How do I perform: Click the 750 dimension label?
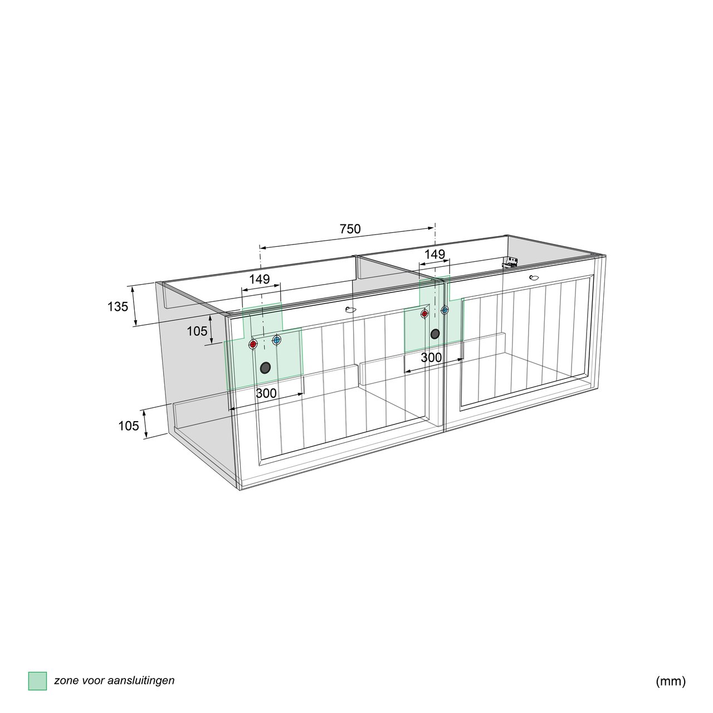pyautogui.click(x=350, y=229)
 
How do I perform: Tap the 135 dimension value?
pyautogui.click(x=118, y=306)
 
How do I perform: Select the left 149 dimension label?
pyautogui.click(x=260, y=279)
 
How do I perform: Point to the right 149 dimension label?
pyautogui.click(x=434, y=254)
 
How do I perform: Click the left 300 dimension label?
pyautogui.click(x=266, y=393)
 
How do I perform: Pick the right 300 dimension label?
pyautogui.click(x=432, y=358)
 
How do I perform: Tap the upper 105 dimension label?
pyautogui.click(x=197, y=331)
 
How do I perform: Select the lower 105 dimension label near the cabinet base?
pyautogui.click(x=129, y=426)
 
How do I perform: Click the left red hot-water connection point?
pyautogui.click(x=253, y=344)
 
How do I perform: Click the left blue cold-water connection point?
pyautogui.click(x=276, y=340)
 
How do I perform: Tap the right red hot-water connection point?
pyautogui.click(x=424, y=314)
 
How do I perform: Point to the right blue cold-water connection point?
pyautogui.click(x=445, y=310)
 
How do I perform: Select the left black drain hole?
pyautogui.click(x=265, y=368)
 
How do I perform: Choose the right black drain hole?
pyautogui.click(x=435, y=334)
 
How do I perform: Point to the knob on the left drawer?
pyautogui.click(x=350, y=310)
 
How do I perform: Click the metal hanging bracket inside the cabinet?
pyautogui.click(x=510, y=262)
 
